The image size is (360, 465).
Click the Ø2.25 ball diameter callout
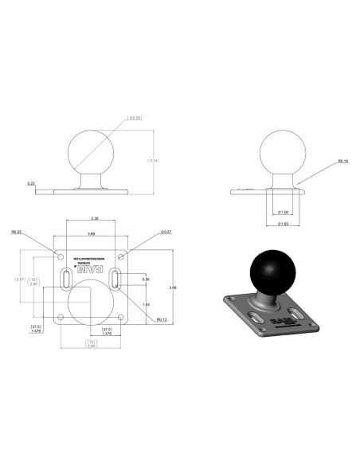136,119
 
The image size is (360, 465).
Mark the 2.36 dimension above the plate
94,217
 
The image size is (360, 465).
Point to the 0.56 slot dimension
146,279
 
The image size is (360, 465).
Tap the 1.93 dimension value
146,305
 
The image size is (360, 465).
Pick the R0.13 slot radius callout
162,319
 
